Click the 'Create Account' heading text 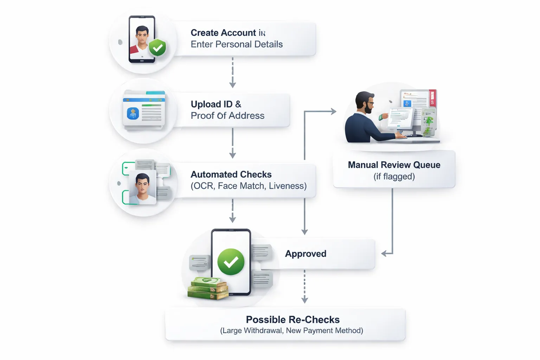click(x=223, y=33)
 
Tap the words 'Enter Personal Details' click(x=237, y=44)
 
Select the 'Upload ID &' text click(x=216, y=104)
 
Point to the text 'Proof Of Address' click(x=227, y=116)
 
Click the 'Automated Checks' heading click(x=231, y=174)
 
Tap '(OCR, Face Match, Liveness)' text click(x=249, y=186)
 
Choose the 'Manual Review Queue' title click(x=394, y=165)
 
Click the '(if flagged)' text click(x=394, y=176)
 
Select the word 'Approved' click(x=306, y=254)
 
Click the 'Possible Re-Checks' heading click(x=292, y=320)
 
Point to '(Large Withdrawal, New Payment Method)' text click(x=291, y=330)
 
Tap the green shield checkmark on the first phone click(x=157, y=47)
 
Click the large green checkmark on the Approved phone click(x=231, y=262)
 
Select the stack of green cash click(x=207, y=288)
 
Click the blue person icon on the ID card click(x=133, y=114)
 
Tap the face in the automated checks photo click(x=142, y=185)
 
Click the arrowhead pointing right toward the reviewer click(x=333, y=111)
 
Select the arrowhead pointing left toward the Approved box click(x=385, y=253)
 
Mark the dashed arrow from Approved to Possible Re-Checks click(x=304, y=287)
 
